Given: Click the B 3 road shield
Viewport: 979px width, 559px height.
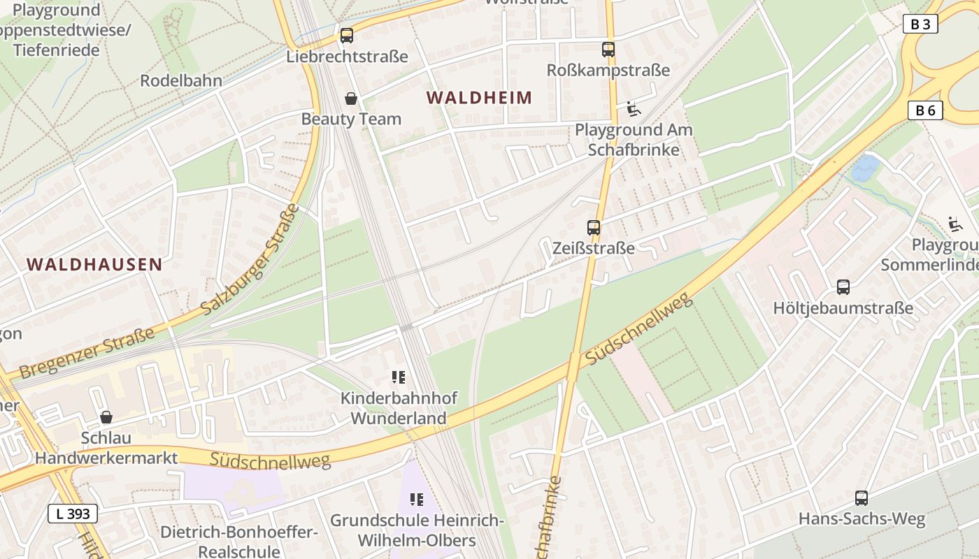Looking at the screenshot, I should pos(920,24).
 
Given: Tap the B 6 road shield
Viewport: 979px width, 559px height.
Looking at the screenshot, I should pos(925,110).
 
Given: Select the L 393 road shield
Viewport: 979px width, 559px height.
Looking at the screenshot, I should pos(72,514).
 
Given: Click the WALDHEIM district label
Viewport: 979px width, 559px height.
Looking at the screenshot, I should pos(480,98).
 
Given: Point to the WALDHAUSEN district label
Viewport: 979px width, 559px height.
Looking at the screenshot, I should pos(94,264).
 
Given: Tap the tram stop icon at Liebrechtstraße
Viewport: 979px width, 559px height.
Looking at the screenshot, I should pos(347,36).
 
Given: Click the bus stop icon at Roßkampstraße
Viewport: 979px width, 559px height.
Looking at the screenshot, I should pos(608,50).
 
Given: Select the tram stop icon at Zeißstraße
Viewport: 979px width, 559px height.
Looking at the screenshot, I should pos(594,228).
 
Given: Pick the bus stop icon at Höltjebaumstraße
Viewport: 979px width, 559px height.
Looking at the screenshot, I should pos(843,287).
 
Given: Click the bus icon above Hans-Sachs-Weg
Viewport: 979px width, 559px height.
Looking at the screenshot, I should pos(862,498).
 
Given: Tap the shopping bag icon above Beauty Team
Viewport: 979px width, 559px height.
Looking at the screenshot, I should pos(351,99).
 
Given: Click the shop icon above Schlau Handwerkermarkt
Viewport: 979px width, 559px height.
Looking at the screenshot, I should pos(106,417).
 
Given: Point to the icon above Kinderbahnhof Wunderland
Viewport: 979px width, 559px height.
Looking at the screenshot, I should pos(399,378).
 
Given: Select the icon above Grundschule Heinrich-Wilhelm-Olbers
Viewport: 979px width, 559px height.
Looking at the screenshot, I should pos(417,500).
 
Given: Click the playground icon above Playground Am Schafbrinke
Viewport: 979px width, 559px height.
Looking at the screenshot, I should pos(634,109).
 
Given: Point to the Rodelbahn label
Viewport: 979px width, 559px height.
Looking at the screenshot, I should pos(181,80).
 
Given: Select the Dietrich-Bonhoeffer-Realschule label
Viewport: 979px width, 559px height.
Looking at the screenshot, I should pos(239,542).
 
